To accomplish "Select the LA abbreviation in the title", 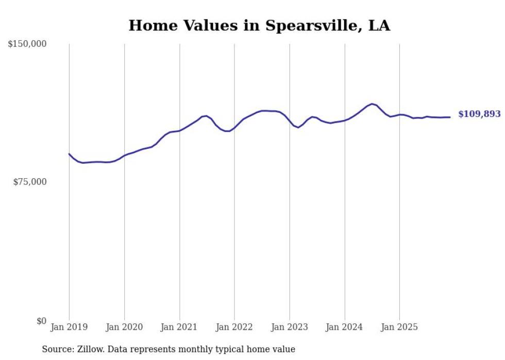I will click(379, 25).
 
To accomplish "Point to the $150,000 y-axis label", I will click(27, 44).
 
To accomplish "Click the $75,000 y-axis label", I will click(30, 182).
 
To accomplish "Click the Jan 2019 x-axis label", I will click(69, 327).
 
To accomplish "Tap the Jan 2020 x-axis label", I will click(124, 327).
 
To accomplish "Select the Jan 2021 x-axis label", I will click(179, 327).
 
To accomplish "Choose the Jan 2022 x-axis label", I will click(234, 327).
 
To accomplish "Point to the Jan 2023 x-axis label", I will click(290, 327).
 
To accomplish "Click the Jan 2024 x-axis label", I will click(345, 327).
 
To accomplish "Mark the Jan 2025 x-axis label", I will click(400, 327).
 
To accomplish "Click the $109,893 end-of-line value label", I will click(479, 114).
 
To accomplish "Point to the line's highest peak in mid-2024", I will click(372, 104).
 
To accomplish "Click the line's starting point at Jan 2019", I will click(69, 153).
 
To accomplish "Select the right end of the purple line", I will click(450, 117).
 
